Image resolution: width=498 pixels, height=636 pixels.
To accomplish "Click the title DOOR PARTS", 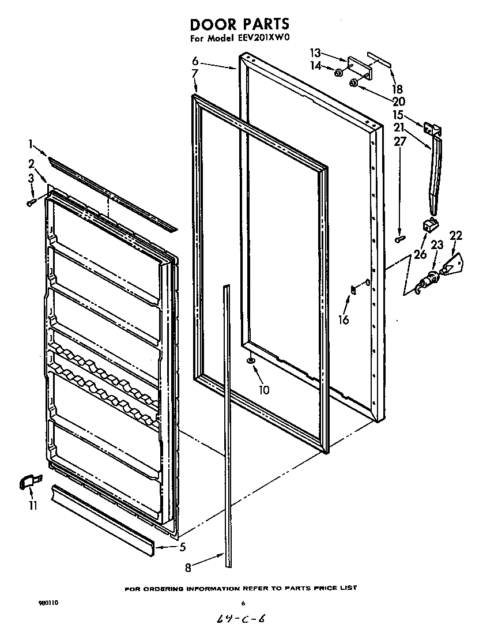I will click(239, 24).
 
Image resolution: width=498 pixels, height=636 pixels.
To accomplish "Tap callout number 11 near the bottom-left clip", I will click(33, 506).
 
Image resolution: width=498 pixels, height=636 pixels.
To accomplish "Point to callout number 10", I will click(264, 390).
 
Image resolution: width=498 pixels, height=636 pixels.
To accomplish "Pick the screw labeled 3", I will click(32, 201).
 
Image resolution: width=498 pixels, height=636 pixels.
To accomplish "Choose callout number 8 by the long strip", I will click(188, 567).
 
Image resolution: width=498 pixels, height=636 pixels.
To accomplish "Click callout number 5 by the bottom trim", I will click(182, 547).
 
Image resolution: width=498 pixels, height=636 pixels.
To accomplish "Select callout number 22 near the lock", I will click(456, 235).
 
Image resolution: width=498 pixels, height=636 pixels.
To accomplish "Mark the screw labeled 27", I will click(399, 238).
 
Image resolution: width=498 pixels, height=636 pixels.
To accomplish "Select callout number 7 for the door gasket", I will click(195, 73).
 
